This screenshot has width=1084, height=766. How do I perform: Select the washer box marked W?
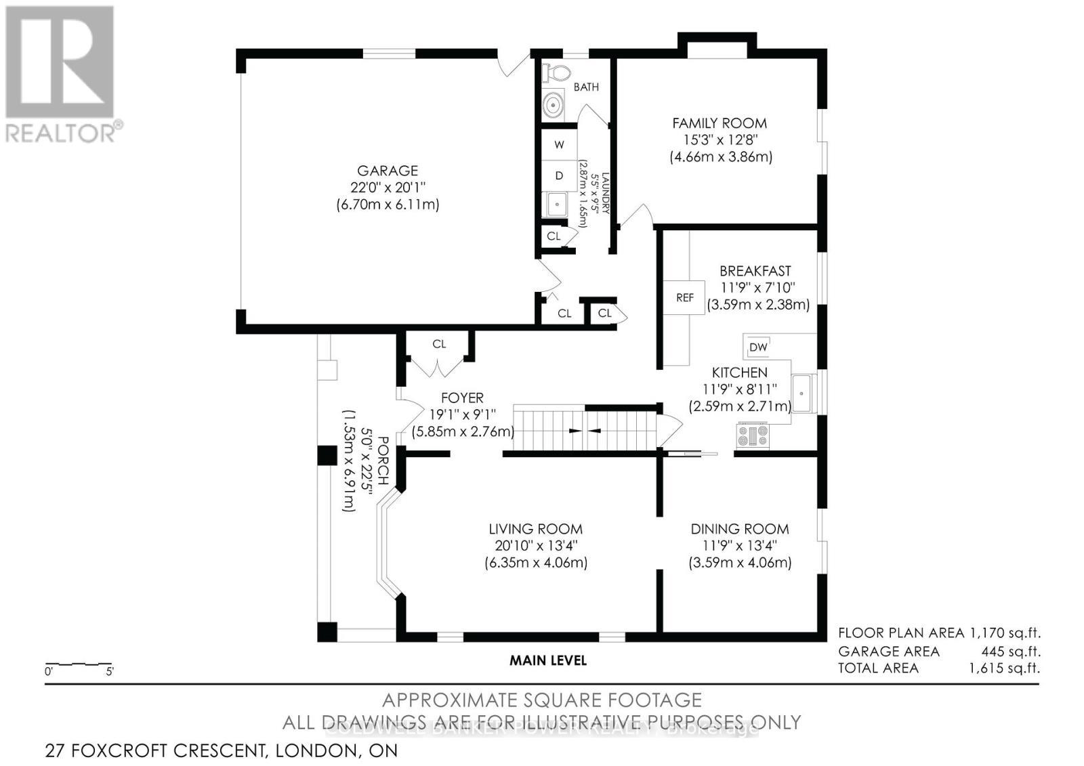tap(559, 144)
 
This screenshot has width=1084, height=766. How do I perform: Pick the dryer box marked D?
tap(559, 175)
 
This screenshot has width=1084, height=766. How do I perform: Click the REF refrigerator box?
tap(684, 297)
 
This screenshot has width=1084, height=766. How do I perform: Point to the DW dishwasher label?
tap(758, 347)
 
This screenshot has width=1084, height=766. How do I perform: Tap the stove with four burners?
tap(752, 434)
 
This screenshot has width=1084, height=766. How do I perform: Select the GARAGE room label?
tap(388, 171)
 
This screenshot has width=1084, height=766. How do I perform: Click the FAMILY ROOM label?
tap(720, 123)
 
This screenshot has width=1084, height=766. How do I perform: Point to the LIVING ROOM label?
tap(535, 529)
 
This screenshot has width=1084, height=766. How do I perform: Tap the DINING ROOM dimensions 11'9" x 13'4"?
tap(740, 546)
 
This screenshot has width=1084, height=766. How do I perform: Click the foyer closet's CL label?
tap(439, 344)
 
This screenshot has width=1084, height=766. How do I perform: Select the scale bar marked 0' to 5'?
tap(78, 666)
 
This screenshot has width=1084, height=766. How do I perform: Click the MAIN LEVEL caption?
tap(548, 660)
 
